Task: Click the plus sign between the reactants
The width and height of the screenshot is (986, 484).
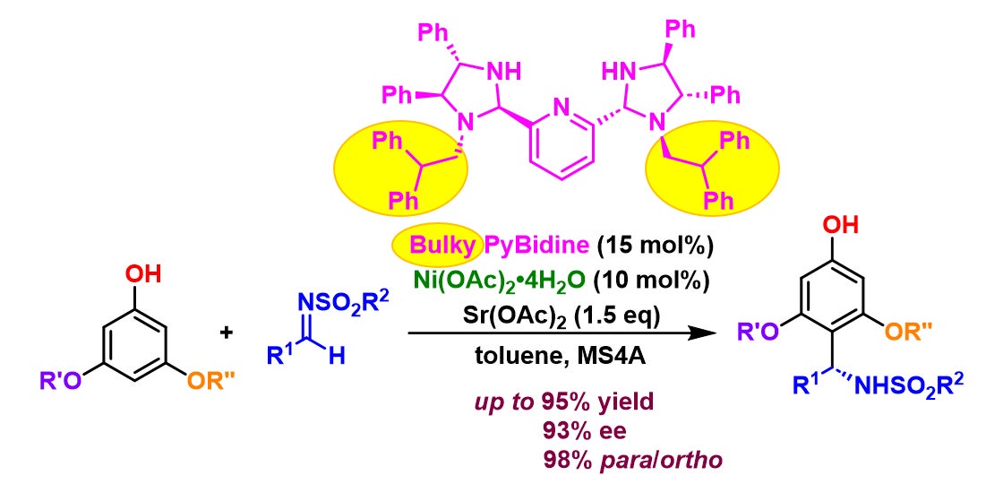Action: [227, 333]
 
